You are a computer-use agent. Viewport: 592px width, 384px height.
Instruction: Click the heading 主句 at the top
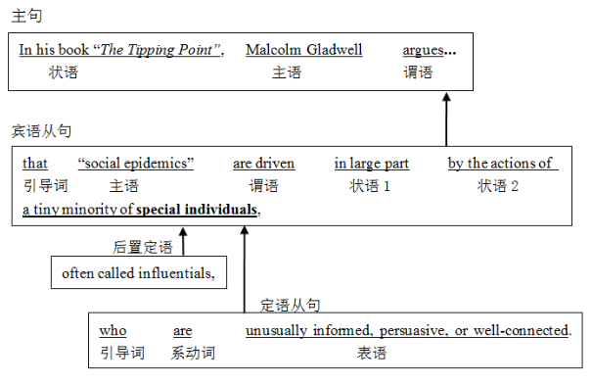pos(26,17)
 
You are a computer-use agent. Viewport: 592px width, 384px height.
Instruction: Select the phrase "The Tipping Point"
pos(171,51)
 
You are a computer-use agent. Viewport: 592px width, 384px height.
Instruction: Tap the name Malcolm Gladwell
pos(304,51)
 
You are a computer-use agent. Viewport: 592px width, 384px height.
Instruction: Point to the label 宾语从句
pos(41,130)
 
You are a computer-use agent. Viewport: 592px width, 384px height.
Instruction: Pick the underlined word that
pos(35,164)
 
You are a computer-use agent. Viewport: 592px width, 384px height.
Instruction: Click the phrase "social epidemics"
pos(136,164)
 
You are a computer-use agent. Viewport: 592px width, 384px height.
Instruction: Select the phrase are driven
pos(263,164)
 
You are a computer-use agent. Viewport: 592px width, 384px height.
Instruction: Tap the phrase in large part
pos(371,164)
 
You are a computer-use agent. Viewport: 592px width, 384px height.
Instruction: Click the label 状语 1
pos(370,185)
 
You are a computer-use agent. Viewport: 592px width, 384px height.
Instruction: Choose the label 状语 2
pos(497,185)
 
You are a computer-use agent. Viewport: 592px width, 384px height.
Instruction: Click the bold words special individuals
pos(198,209)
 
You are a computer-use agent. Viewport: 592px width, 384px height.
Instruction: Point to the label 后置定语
pos(143,246)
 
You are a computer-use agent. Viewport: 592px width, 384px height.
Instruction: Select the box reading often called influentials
pos(138,273)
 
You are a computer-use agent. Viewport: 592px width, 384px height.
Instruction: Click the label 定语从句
pos(290,305)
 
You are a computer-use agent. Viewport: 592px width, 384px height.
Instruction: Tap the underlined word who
pos(113,331)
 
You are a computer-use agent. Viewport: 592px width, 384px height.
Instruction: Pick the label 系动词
pos(193,353)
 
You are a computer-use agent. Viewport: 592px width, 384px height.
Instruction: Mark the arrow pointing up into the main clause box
pos(446,118)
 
